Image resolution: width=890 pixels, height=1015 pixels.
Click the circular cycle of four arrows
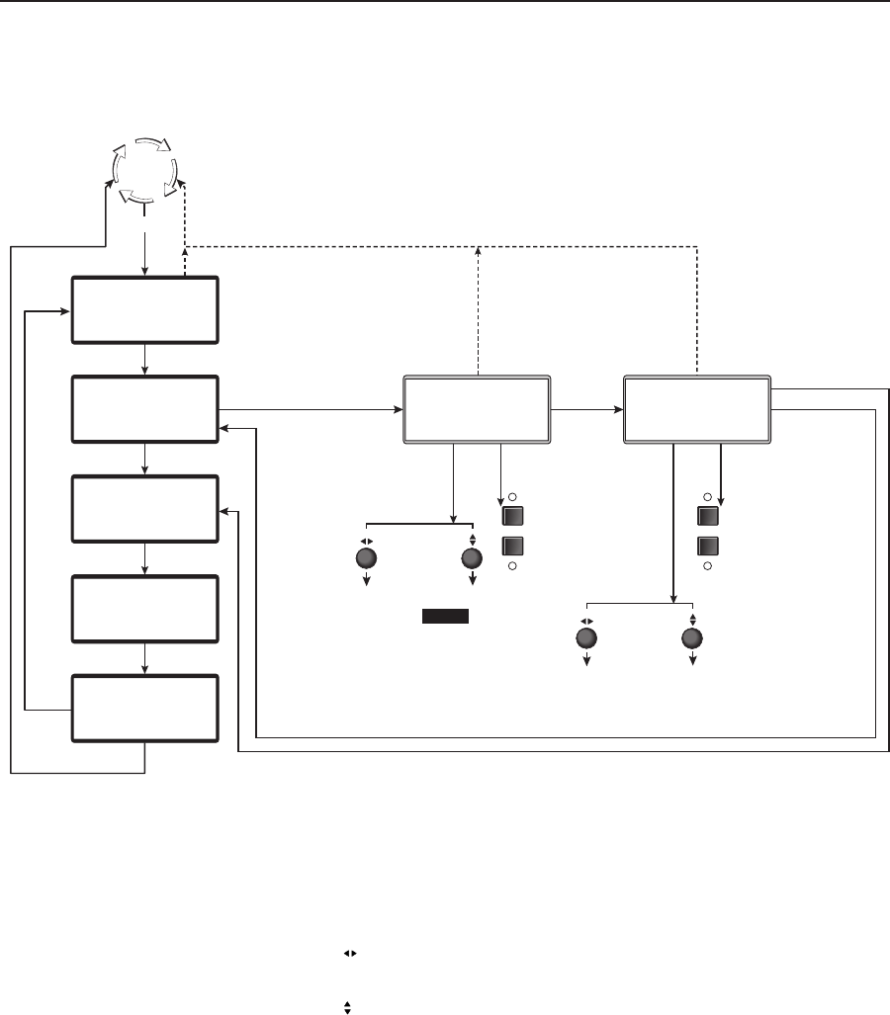click(144, 169)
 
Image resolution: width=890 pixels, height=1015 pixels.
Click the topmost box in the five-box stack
click(144, 310)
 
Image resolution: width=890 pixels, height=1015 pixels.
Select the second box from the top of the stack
click(144, 409)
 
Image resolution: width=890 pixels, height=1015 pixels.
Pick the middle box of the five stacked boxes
click(144, 509)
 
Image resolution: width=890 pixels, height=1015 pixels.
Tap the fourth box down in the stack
click(144, 609)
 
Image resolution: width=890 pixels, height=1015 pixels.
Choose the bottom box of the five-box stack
click(144, 709)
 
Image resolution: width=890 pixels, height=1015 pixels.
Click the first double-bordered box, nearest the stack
click(477, 409)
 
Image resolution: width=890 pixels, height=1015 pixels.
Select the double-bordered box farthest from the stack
click(697, 409)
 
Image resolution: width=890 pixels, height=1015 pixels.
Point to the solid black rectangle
click(445, 617)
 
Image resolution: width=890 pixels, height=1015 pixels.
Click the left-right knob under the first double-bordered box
click(366, 558)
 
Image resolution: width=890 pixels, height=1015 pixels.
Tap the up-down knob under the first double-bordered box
click(472, 558)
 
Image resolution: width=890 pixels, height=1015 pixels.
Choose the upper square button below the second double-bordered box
click(707, 516)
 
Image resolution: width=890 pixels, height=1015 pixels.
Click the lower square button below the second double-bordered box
click(707, 545)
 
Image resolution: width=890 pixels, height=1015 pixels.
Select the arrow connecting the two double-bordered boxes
click(586, 408)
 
